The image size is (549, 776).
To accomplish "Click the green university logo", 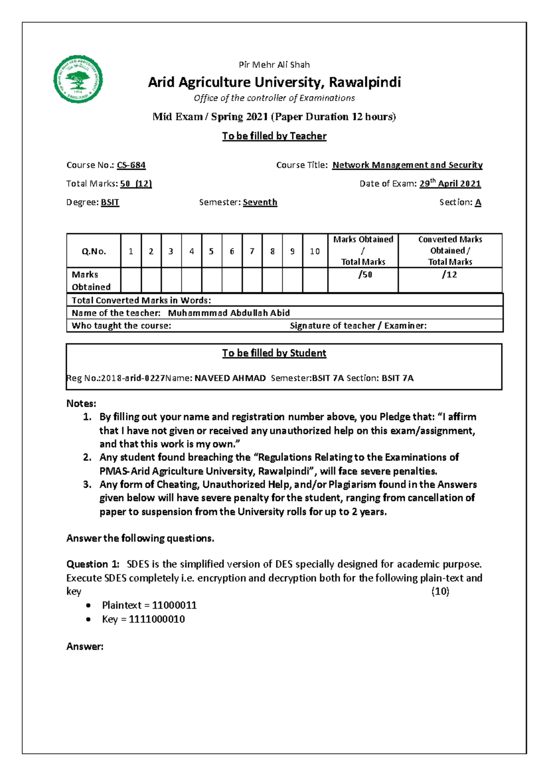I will pos(78,81).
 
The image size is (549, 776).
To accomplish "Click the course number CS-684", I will pos(131,165).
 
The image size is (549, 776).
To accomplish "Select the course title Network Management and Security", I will pos(407,165).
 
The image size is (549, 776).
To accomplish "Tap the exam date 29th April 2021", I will pos(450,183).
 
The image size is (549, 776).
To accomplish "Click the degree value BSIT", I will pos(110,202).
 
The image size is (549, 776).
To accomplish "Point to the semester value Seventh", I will pos(260,202).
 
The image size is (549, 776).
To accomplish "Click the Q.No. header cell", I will pos(94,251).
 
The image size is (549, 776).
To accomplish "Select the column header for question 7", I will pos(252,251).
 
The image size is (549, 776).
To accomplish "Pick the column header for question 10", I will pos(315,251).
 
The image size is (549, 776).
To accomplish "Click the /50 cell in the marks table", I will pos(365,275).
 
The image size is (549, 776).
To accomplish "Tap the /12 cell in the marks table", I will pos(449,275).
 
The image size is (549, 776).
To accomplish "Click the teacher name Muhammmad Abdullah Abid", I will pos(229,313).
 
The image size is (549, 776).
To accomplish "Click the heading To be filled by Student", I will pos(274,353).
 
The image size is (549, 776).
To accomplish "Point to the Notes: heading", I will pos(81,404).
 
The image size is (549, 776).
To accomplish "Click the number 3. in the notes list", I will pos(87,485).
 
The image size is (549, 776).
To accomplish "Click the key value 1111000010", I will pos(157,620).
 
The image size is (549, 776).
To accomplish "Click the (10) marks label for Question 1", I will pos(440,592).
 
